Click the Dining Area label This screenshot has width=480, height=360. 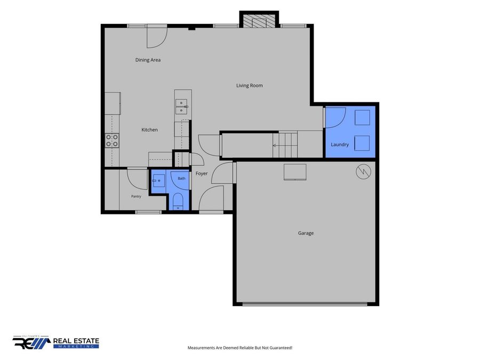(148, 60)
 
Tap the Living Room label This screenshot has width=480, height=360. (250, 85)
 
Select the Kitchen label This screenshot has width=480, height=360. (150, 130)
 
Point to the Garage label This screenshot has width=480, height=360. (306, 233)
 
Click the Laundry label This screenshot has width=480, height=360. (340, 145)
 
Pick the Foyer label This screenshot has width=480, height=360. (202, 173)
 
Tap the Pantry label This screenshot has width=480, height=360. (136, 196)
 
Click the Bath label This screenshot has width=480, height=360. (181, 178)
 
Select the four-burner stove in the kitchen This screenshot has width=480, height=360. (113, 141)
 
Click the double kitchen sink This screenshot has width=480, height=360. (181, 107)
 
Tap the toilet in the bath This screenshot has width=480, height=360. (178, 202)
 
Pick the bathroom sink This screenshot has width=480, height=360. (158, 181)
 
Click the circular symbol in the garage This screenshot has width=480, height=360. (363, 172)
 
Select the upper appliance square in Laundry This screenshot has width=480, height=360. (363, 117)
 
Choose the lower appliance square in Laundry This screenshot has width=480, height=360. (362, 143)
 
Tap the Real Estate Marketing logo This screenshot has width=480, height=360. (56, 342)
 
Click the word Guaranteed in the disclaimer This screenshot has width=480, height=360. (283, 348)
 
